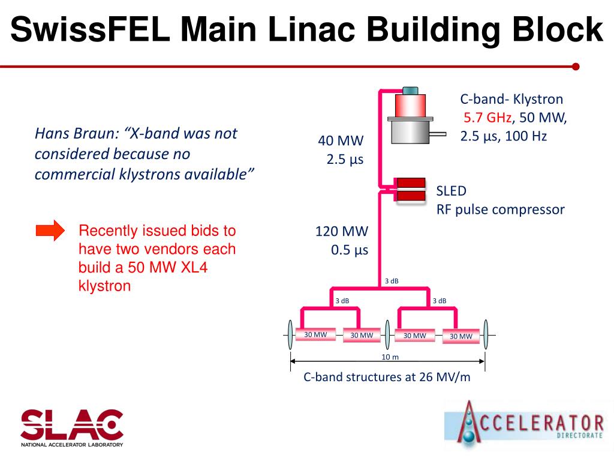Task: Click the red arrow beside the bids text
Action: tap(50, 230)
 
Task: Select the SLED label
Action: tap(451, 191)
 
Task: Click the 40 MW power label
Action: tap(341, 142)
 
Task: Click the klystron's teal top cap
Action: tap(411, 91)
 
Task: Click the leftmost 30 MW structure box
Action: tap(315, 334)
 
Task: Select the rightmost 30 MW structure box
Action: tap(461, 336)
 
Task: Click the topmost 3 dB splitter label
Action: tap(392, 281)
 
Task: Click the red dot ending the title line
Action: tap(576, 67)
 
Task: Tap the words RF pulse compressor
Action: tap(500, 209)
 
